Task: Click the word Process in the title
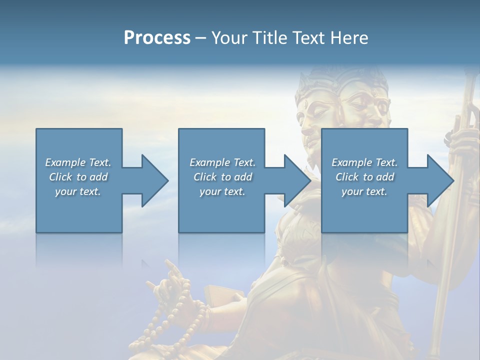[157, 37]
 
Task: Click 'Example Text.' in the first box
[78, 162]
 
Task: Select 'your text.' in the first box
[78, 191]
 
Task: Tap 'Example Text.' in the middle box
[222, 162]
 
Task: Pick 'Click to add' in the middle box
[222, 176]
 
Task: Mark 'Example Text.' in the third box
[364, 162]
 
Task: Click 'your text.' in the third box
[364, 191]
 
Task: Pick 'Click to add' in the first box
[78, 176]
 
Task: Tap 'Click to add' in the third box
[364, 176]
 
